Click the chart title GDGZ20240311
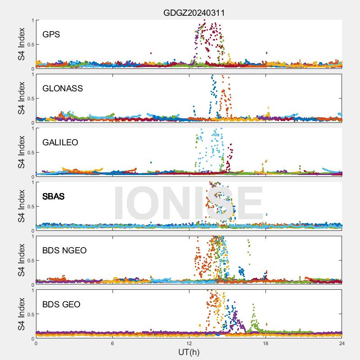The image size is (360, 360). (194, 13)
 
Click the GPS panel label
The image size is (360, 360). (51, 34)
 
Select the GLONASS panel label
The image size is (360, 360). (63, 88)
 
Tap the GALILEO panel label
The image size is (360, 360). (60, 142)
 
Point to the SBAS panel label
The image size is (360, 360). (53, 196)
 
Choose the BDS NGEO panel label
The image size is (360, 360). (64, 250)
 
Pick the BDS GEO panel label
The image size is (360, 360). (61, 304)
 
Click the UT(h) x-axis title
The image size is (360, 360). (189, 351)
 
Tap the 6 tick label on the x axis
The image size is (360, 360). (112, 343)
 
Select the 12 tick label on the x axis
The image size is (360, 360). (189, 343)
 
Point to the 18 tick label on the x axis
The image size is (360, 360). (265, 343)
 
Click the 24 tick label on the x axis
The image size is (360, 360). (342, 343)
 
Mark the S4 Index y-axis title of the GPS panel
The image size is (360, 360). (21, 44)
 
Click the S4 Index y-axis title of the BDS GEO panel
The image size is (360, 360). (21, 314)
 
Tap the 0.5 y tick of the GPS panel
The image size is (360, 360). (30, 45)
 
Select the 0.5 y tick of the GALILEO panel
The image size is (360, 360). (30, 153)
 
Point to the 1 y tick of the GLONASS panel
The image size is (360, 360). (32, 75)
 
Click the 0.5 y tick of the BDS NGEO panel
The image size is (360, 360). (30, 261)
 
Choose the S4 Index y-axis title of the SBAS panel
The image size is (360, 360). (21, 206)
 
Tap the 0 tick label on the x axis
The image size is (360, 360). (36, 343)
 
